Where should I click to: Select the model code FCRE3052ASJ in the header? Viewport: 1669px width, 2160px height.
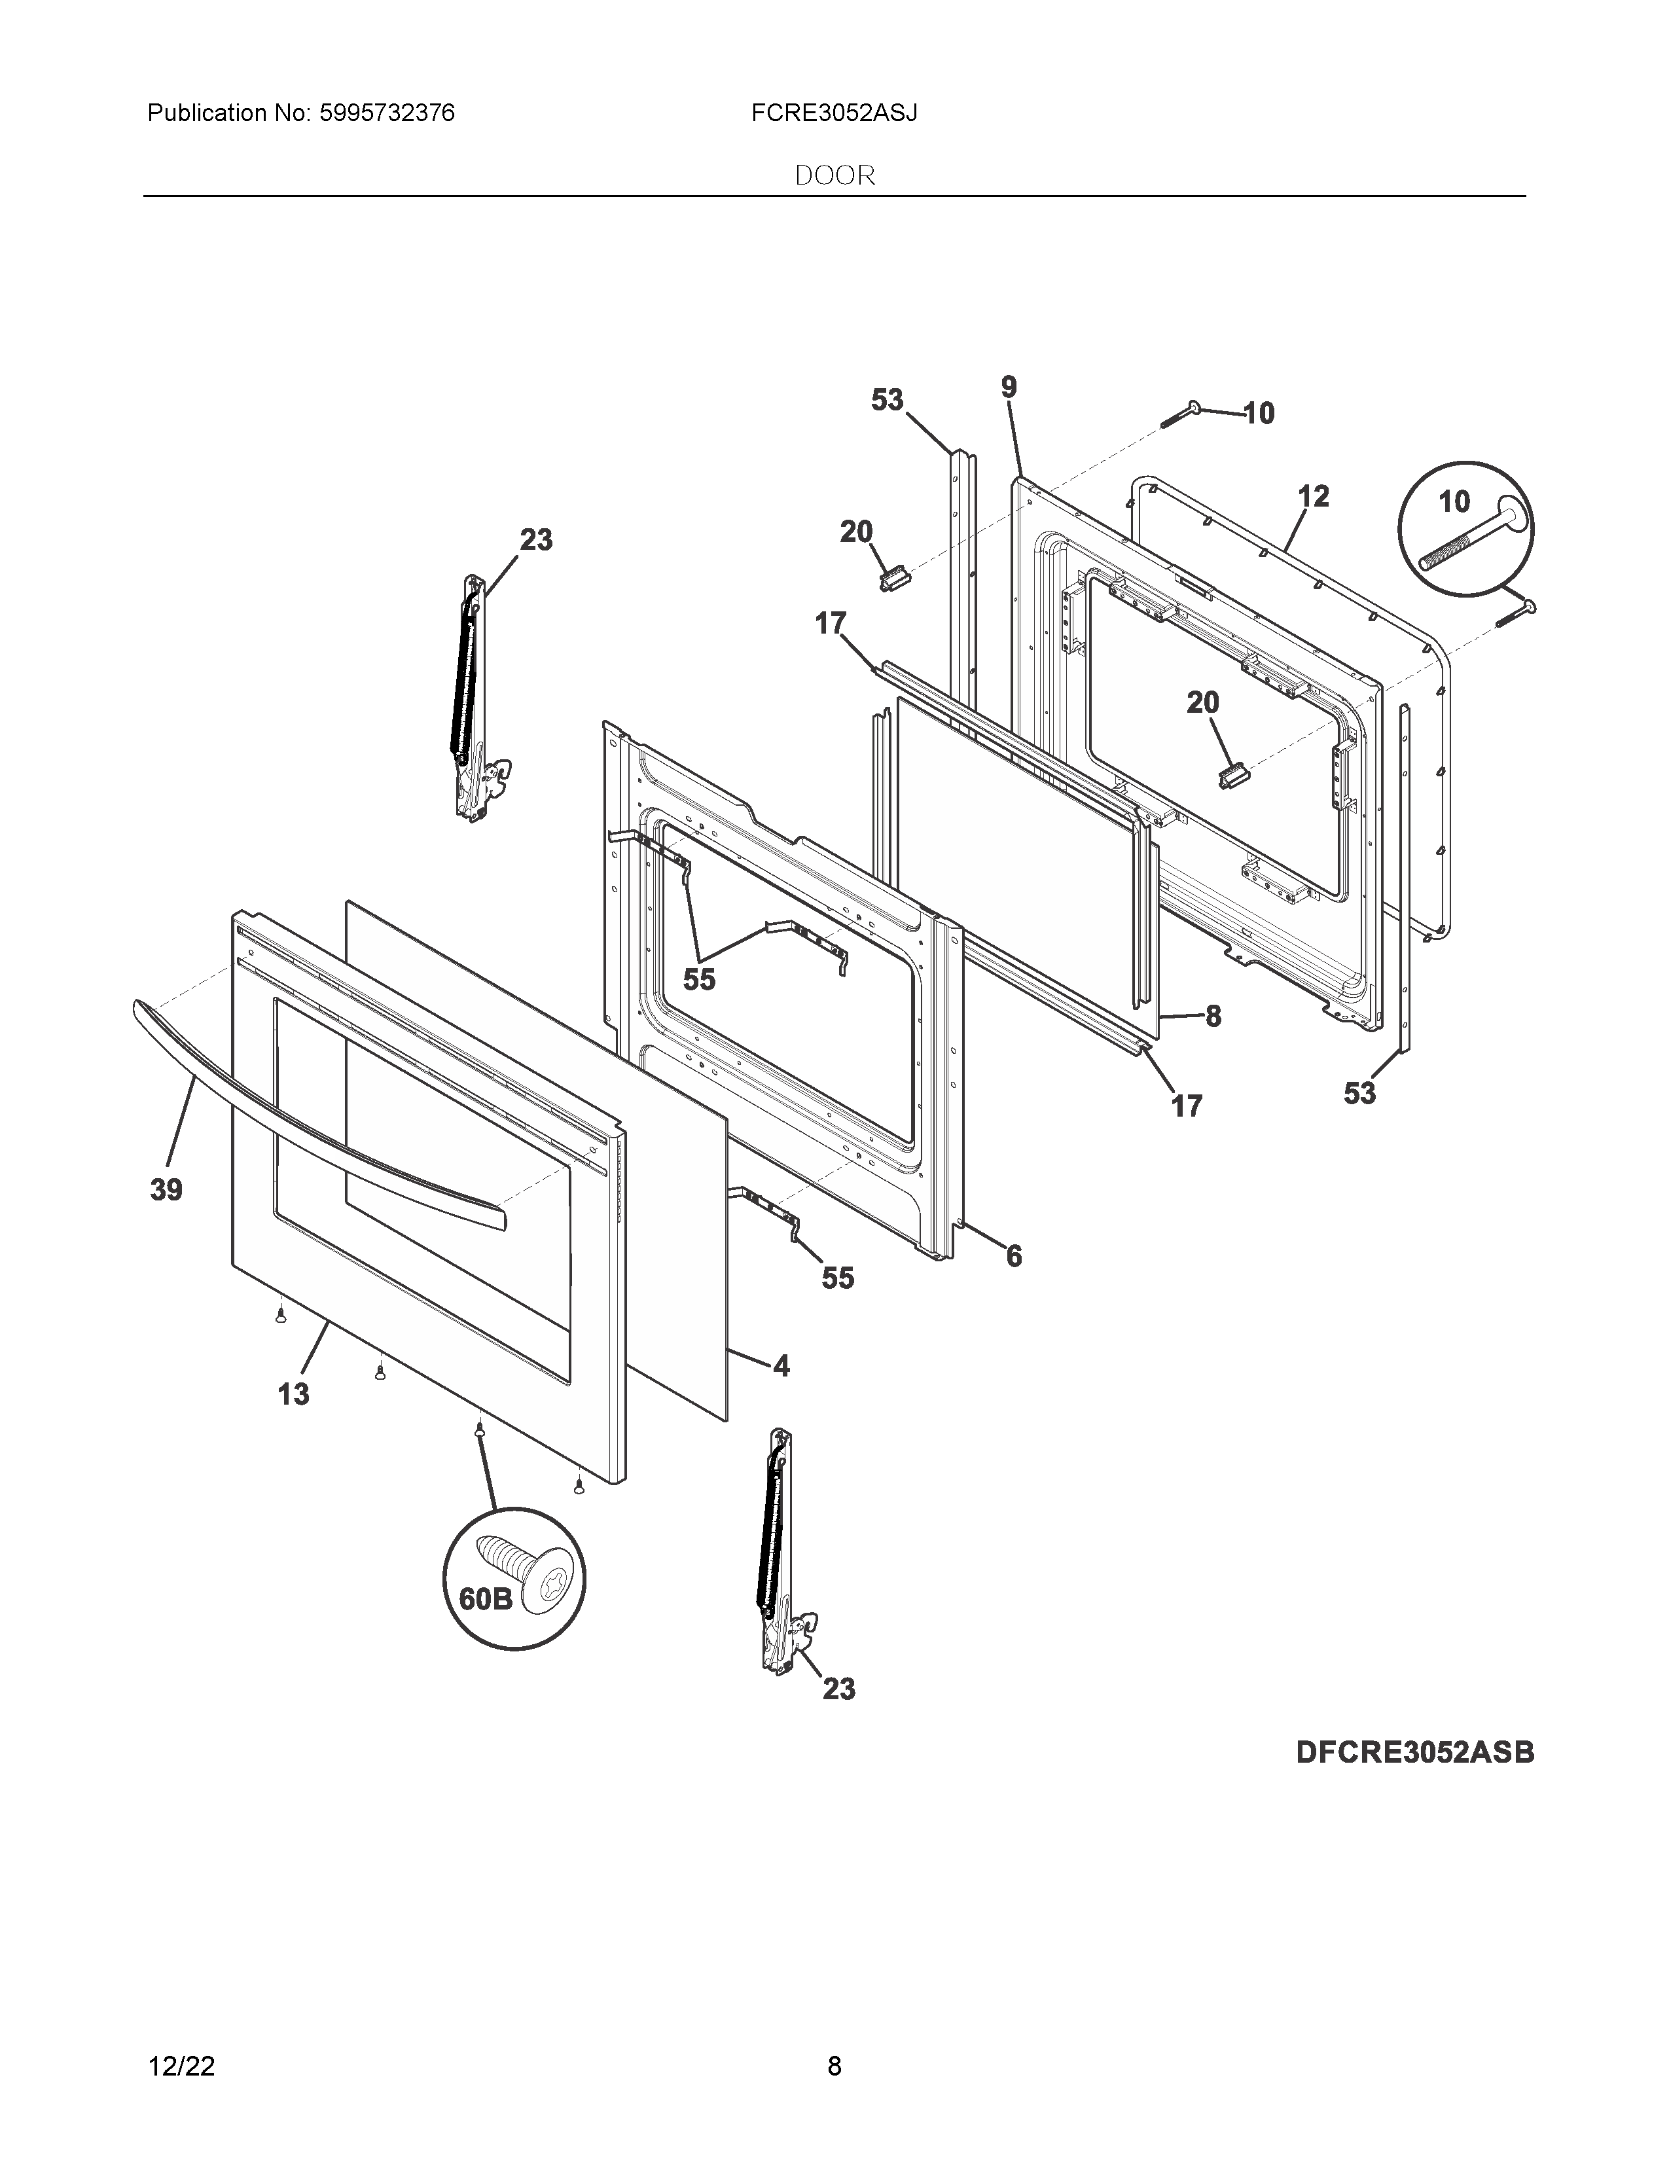tap(833, 114)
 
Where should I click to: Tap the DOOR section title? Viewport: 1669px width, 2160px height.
tap(834, 176)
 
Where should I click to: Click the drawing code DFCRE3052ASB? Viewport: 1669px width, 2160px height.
tap(1415, 1752)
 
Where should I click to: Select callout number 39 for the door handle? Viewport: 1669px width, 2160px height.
tap(166, 1190)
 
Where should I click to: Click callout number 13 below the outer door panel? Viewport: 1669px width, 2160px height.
tap(293, 1394)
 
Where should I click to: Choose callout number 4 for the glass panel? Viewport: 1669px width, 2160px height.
tap(781, 1366)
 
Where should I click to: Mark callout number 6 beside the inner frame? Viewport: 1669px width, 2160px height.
tap(1013, 1256)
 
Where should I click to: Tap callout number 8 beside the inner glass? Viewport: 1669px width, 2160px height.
tap(1212, 1016)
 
